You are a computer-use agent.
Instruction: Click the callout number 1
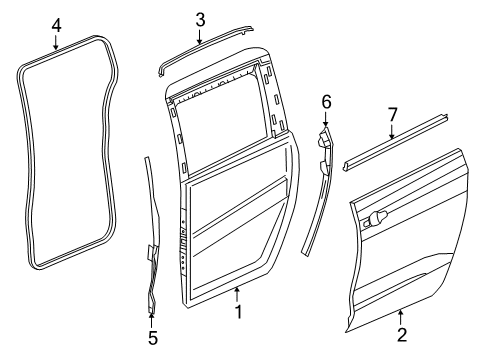pos(237,341)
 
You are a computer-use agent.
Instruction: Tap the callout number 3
pos(200,18)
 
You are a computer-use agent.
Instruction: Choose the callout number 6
pos(325,100)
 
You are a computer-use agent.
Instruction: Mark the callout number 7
pos(391,115)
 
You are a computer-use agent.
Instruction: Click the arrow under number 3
pos(200,37)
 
